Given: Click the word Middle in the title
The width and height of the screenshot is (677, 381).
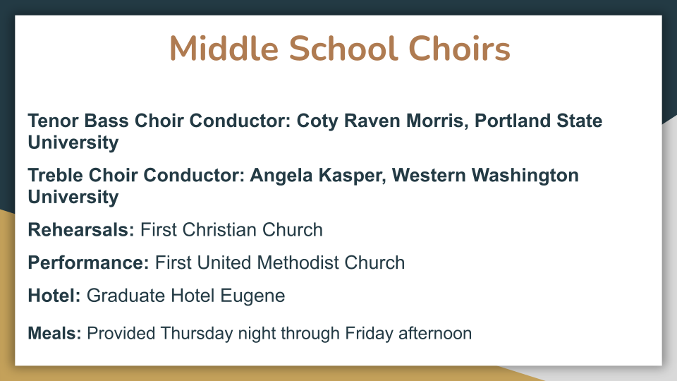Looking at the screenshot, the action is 224,48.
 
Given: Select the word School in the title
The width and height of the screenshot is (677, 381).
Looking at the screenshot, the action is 343,48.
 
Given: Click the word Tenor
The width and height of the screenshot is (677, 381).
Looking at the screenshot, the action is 53,121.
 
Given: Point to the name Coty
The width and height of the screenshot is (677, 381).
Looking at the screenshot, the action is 317,121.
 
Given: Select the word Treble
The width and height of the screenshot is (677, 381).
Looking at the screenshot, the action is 55,175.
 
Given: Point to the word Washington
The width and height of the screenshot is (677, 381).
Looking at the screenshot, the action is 525,176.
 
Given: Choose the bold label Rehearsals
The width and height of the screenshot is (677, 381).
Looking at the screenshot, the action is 81,230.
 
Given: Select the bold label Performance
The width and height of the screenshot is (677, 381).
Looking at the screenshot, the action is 89,262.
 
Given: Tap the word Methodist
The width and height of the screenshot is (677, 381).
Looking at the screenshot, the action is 298,262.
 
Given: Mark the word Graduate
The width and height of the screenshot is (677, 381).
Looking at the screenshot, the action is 126,296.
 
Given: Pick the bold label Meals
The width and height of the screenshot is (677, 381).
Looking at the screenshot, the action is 54,333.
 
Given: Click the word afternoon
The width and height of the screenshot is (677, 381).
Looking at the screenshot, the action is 435,333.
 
